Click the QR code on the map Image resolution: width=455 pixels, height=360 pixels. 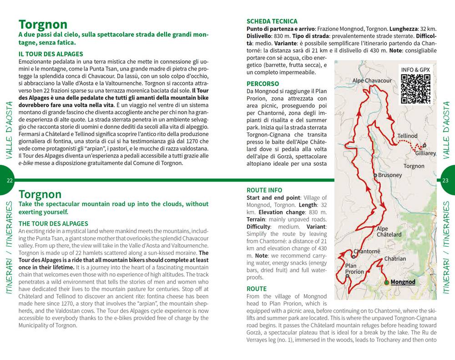point(415,89)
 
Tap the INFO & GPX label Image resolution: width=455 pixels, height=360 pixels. point(415,70)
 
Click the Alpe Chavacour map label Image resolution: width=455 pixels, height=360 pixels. point(372,81)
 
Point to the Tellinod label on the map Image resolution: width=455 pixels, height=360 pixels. point(407,136)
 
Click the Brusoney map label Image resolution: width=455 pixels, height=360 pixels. point(390,175)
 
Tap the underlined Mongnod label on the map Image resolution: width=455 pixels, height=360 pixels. point(403,282)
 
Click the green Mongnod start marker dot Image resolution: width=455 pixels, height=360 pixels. point(386,282)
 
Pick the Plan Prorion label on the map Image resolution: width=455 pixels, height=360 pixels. point(354,269)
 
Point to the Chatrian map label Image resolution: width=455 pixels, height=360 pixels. point(395,259)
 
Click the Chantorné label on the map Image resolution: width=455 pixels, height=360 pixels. point(367,251)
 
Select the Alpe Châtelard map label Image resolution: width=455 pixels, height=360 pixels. point(389,232)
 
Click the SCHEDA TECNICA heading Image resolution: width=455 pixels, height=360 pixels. point(272,21)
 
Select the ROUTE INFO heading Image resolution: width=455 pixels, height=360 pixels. point(264,190)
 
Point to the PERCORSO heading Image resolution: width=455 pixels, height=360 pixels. point(263,84)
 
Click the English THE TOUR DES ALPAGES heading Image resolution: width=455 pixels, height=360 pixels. point(53,223)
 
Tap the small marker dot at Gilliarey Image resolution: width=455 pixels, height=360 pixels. point(424,146)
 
